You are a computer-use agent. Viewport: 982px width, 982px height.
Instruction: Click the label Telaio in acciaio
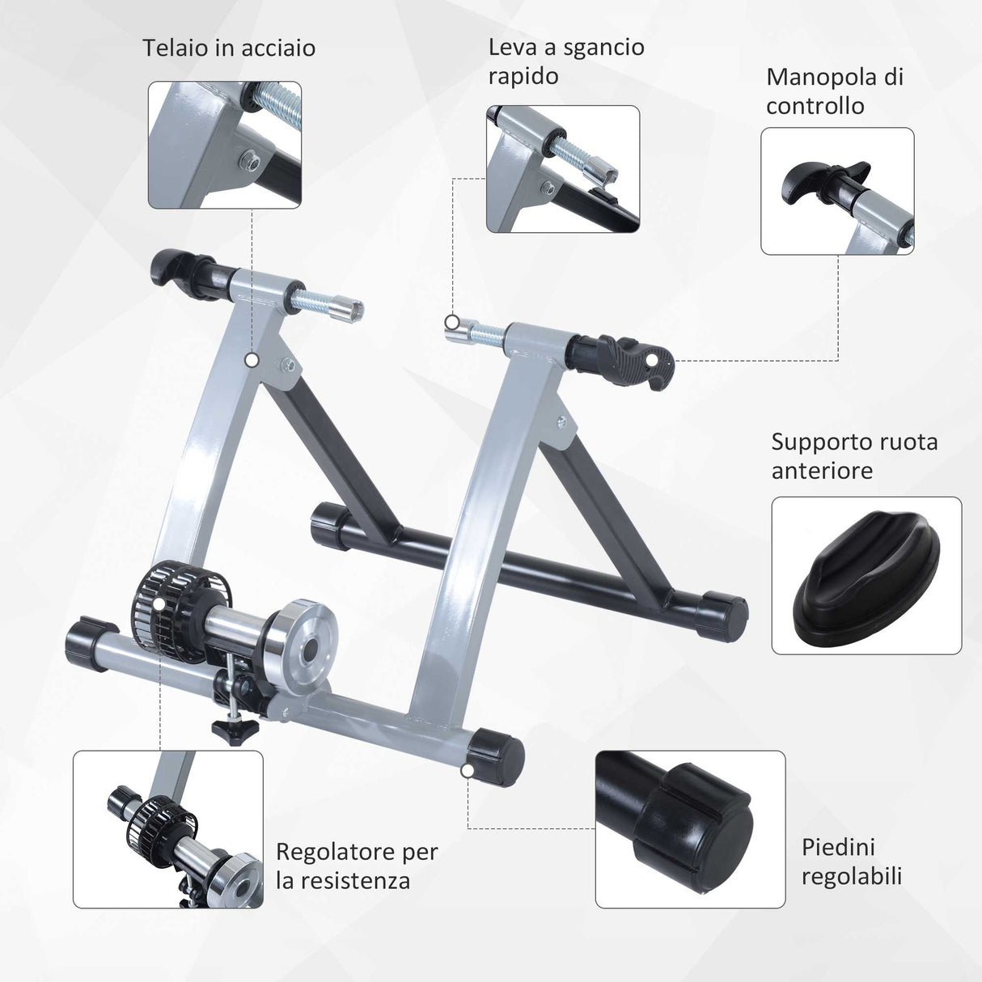coord(229,49)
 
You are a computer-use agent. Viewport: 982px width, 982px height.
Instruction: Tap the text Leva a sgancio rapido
coord(565,61)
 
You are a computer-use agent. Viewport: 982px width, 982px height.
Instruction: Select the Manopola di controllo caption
coord(834,91)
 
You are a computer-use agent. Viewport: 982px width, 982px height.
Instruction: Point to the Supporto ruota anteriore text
coord(854,456)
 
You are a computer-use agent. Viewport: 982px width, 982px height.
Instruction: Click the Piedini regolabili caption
coord(851,861)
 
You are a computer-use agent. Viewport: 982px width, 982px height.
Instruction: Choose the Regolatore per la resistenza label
coord(357,866)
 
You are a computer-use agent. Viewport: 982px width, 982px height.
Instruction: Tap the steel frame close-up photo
coord(225,145)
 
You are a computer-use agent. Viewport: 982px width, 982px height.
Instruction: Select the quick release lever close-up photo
coord(563,169)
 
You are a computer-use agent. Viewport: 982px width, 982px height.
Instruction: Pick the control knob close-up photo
coord(837,192)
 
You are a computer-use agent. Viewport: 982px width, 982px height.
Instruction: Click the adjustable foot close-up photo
coord(690,829)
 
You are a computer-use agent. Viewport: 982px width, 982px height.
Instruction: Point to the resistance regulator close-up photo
coord(168,829)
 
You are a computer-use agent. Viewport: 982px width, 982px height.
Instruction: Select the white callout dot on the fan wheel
coord(159,603)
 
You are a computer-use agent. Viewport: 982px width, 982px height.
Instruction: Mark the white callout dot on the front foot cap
coord(468,771)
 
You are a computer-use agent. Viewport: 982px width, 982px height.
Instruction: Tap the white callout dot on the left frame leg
coord(252,359)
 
